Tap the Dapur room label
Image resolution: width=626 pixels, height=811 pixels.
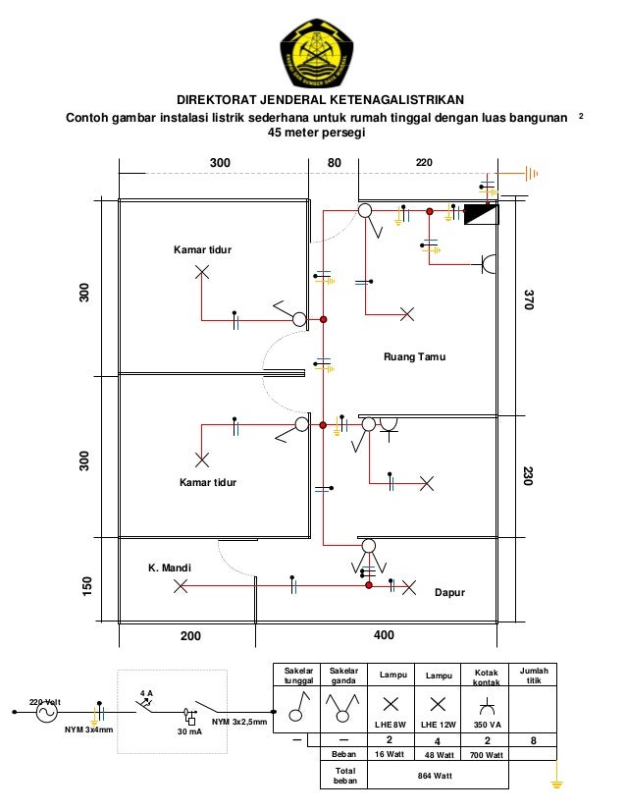coord(449,593)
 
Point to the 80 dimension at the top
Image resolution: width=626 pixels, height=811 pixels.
coord(335,160)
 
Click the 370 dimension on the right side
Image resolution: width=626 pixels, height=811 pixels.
coord(529,299)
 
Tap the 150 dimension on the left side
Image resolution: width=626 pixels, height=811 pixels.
coord(86,587)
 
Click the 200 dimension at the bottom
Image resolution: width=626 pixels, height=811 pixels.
coord(189,636)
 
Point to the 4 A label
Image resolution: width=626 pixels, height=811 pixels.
coord(145,693)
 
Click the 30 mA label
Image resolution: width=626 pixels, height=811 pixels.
coord(188,731)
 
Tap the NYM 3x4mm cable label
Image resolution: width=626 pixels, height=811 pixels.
coord(88,731)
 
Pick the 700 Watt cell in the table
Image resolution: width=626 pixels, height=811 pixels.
coord(480,754)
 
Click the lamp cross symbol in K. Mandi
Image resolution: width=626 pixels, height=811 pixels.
coord(180,587)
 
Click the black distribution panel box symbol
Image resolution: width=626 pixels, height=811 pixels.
coord(480,213)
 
